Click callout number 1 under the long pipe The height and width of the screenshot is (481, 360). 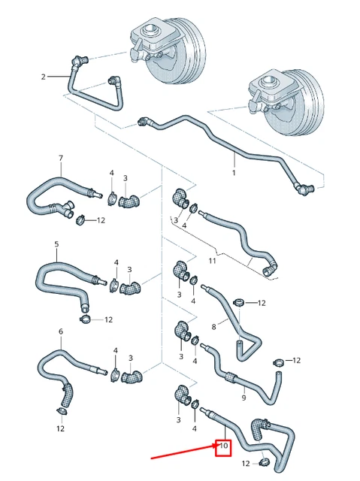234,173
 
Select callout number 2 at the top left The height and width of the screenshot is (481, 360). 44,76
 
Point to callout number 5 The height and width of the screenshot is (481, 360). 56,244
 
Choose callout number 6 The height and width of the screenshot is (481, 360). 60,331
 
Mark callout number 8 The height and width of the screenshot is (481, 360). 213,327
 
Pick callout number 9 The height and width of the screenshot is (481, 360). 243,398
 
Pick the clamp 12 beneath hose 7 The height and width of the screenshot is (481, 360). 80,219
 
